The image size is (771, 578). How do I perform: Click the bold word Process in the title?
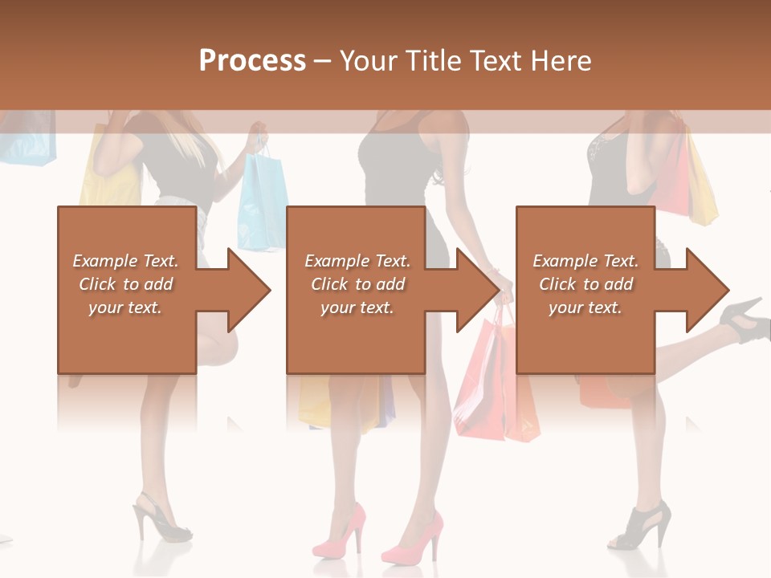[252, 61]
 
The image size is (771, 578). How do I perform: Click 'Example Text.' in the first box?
[125, 261]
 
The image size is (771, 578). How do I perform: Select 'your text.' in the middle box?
[357, 307]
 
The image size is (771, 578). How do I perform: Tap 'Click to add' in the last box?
[585, 284]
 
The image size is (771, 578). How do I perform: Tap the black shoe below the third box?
[642, 526]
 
